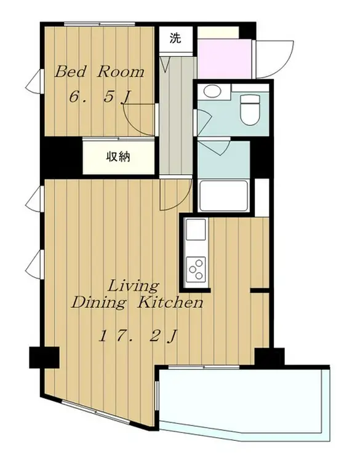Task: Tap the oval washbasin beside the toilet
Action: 212,91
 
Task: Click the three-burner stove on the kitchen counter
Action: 196,269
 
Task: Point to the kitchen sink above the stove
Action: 196,229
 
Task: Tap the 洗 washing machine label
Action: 175,38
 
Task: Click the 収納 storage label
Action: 118,157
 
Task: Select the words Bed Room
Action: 99,72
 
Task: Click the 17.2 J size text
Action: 138,337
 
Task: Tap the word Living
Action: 134,287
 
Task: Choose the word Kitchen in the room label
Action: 170,303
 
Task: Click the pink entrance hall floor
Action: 224,58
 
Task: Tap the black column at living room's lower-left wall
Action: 44,357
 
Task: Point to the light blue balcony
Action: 244,400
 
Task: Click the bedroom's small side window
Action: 34,82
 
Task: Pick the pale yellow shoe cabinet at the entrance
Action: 218,32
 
